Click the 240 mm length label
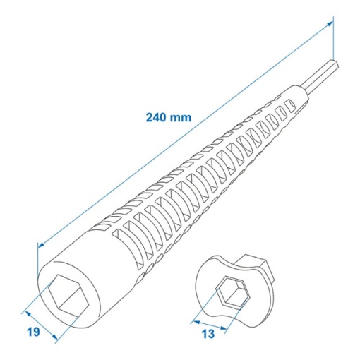pos(169,117)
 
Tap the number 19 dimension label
pos(33,332)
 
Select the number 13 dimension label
pos(208,333)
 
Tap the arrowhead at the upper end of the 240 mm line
pos(330,23)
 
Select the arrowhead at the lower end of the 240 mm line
pos(41,246)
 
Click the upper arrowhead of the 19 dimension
pos(28,313)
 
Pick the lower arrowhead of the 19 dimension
pos(54,337)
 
